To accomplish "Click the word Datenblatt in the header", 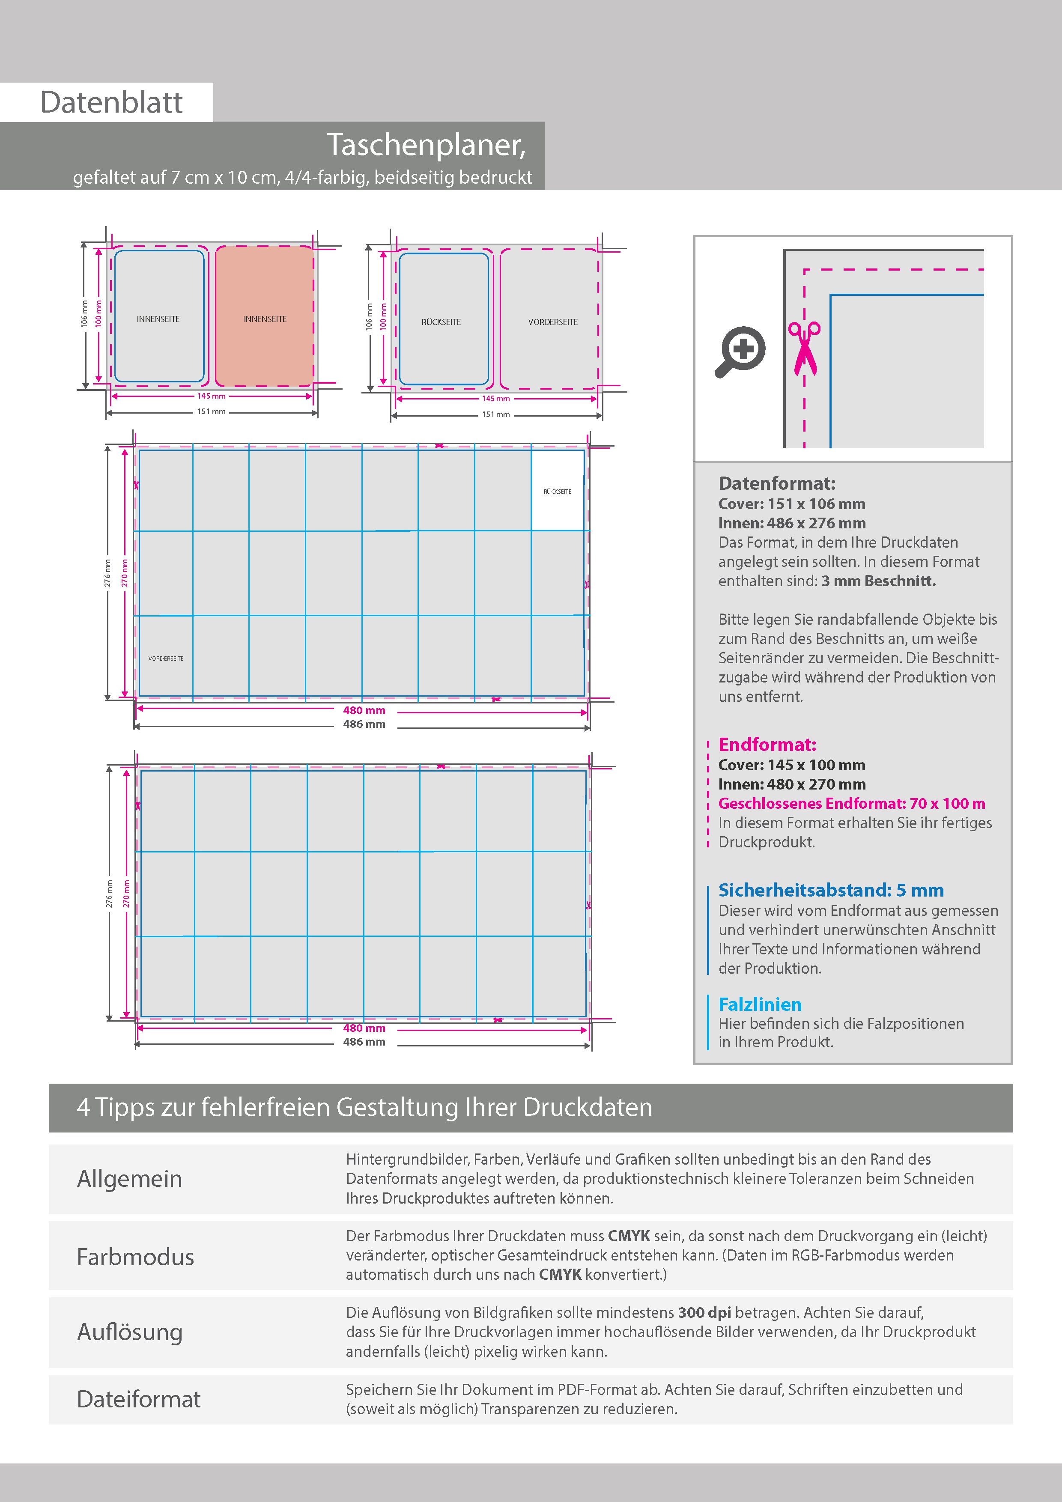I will [x=111, y=103].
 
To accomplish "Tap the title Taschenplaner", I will [x=426, y=145].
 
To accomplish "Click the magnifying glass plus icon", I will [x=740, y=351].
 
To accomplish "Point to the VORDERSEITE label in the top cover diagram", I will [x=553, y=322].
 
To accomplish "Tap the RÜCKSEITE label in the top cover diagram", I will [x=441, y=322].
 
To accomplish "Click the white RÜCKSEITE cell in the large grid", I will [x=558, y=491].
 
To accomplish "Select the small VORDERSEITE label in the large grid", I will [x=166, y=658].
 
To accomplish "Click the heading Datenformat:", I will [x=777, y=483].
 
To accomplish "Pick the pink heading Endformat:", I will [x=767, y=745].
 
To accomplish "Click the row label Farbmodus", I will [x=135, y=1257].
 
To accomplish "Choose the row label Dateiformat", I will [x=139, y=1399].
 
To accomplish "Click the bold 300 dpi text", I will [x=704, y=1312].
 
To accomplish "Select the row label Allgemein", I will [x=130, y=1178].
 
